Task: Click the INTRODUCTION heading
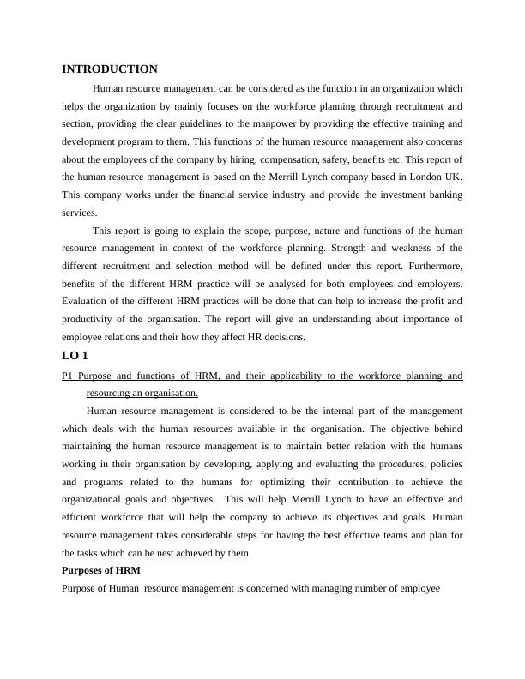(110, 69)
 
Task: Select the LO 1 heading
(75, 356)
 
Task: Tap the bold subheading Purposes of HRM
(101, 570)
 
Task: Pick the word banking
(443, 195)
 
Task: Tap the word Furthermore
(434, 267)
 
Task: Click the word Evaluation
(87, 302)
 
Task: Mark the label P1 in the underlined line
(69, 376)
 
